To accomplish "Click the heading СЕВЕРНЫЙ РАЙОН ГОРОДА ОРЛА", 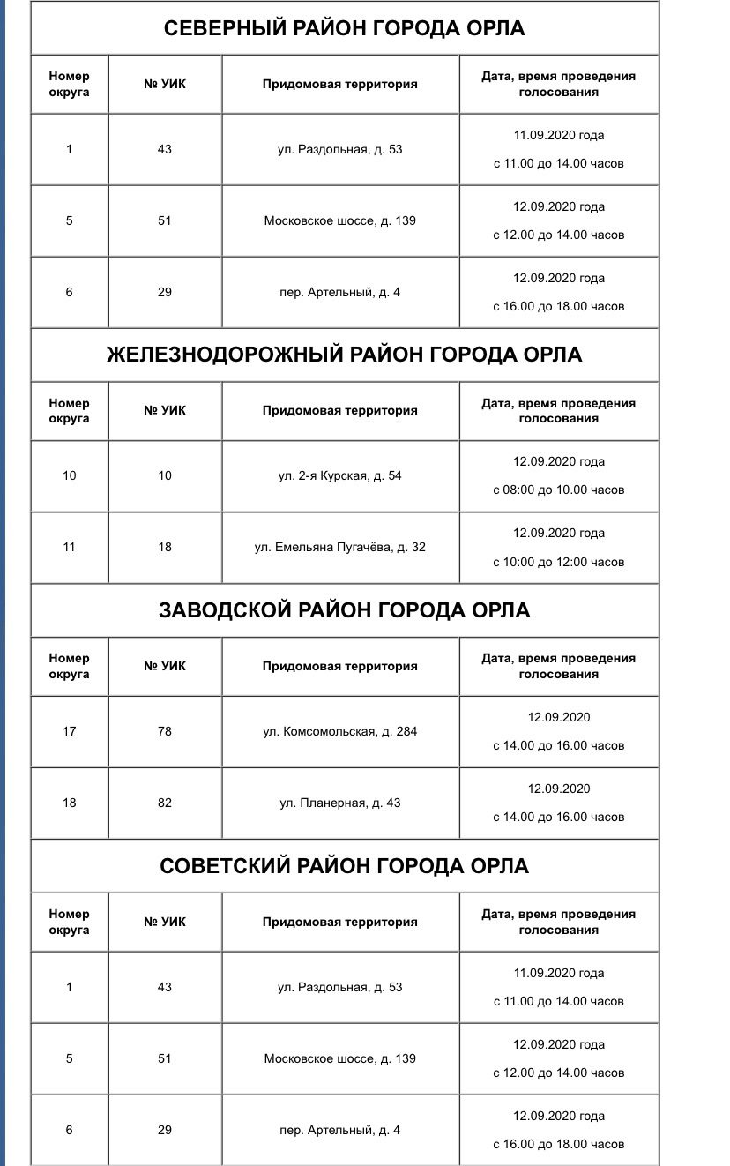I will click(x=344, y=28).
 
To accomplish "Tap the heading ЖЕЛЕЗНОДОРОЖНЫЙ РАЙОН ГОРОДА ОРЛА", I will click(x=344, y=355).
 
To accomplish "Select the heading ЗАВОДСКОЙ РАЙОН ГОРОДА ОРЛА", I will click(x=344, y=610).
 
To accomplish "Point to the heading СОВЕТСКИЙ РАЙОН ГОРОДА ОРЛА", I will click(x=344, y=866).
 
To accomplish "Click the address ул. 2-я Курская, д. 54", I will click(x=339, y=476).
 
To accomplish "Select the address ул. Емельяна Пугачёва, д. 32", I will click(x=339, y=548).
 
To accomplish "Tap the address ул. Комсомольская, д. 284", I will click(x=339, y=732).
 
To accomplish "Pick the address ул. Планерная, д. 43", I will click(x=339, y=803).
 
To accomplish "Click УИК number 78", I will click(x=165, y=732).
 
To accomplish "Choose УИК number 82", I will click(x=165, y=803).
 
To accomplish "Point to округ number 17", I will click(x=70, y=732).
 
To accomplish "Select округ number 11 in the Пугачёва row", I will click(x=70, y=548).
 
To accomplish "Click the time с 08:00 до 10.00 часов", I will click(x=558, y=490).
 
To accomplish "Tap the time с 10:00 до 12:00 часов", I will click(x=558, y=562).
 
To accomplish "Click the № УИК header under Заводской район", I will click(x=165, y=667).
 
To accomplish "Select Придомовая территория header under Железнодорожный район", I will click(x=339, y=411).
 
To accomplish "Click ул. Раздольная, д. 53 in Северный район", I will click(x=339, y=150).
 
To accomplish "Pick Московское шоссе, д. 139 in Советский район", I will click(x=339, y=1059).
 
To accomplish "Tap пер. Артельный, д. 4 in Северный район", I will click(x=339, y=293).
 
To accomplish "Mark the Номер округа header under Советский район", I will click(x=70, y=923).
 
